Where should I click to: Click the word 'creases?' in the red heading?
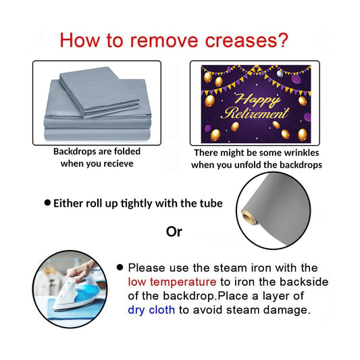click(247, 41)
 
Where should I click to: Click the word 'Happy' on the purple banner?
click(257, 99)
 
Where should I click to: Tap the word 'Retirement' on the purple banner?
click(255, 113)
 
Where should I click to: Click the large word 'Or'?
click(174, 232)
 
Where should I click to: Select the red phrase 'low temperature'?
click(172, 282)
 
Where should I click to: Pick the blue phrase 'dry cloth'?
click(151, 310)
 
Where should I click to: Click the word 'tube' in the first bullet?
click(212, 203)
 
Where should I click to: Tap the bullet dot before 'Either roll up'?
click(47, 203)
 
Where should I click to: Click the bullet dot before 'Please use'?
click(120, 267)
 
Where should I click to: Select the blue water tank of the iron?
click(86, 292)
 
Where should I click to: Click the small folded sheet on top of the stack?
click(99, 92)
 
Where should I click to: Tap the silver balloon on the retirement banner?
click(280, 74)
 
